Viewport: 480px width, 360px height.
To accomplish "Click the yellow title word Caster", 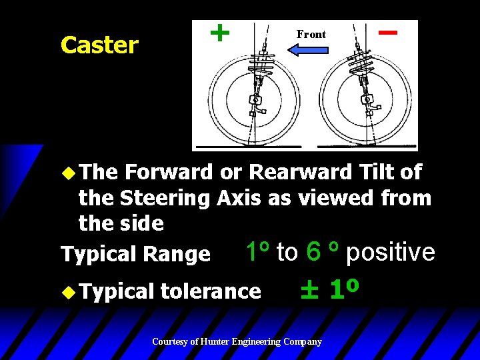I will [x=99, y=45].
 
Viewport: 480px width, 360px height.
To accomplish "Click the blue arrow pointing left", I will [x=311, y=49].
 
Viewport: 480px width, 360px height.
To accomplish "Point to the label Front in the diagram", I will [x=311, y=34].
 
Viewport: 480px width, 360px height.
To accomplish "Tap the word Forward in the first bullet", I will [x=169, y=172].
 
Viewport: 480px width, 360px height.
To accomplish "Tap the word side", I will [x=142, y=223].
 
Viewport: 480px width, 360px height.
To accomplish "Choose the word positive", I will [x=391, y=252].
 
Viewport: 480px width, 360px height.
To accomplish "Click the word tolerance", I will [x=211, y=291].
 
